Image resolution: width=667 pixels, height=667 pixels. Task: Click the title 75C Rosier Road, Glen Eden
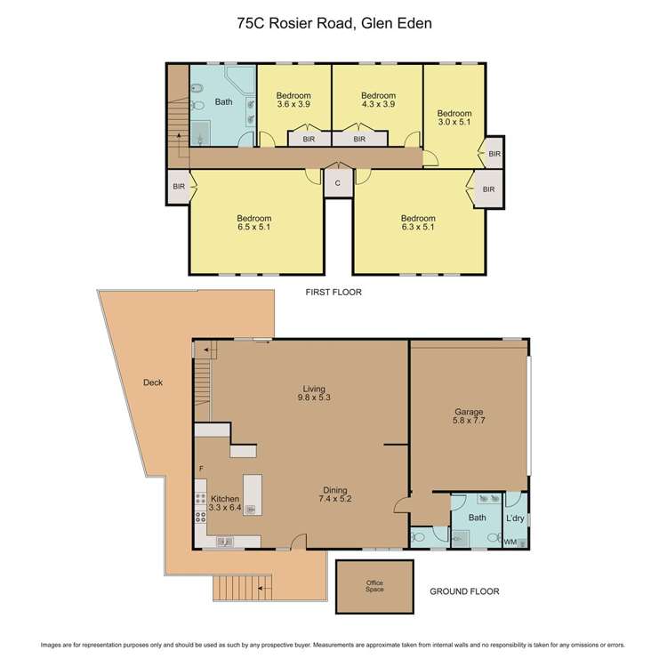point(333,25)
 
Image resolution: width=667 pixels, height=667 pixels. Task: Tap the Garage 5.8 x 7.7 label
point(468,417)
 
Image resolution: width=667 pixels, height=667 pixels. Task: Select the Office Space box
point(374,586)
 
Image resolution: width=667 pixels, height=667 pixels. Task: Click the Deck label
point(153,383)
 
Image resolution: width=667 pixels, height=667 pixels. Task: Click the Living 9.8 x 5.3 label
point(313,394)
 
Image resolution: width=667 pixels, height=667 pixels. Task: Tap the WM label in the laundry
point(510,542)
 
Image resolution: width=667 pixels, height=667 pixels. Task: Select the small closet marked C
point(337,182)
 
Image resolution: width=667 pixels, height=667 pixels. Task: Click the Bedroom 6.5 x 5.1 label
point(253,223)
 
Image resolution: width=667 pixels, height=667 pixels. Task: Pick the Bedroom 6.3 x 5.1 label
point(418,223)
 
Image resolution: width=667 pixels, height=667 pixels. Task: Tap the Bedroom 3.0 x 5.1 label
point(454,118)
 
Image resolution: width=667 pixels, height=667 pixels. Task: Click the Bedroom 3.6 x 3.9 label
point(293,100)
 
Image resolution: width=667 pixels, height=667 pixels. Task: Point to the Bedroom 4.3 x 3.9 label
point(377,100)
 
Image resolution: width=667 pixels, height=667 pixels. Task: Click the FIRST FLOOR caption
point(333,292)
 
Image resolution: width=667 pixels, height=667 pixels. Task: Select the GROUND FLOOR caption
point(463,591)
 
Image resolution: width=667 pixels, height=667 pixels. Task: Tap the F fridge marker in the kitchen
point(201,468)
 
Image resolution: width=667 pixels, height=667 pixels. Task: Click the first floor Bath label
point(223,102)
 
